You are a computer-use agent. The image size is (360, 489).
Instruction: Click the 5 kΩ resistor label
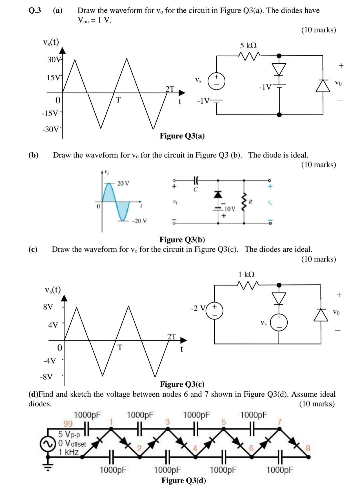pyautogui.click(x=248, y=46)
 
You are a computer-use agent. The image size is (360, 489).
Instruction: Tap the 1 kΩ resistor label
pyautogui.click(x=246, y=274)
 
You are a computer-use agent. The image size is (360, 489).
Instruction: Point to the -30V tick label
pyautogui.click(x=51, y=129)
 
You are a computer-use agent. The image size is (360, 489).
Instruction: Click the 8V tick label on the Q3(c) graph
pyautogui.click(x=48, y=307)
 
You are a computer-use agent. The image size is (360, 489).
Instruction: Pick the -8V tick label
pyautogui.click(x=46, y=377)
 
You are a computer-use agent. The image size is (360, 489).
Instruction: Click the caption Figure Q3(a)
pyautogui.click(x=182, y=136)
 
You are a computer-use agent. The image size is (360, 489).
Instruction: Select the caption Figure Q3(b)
pyautogui.click(x=182, y=240)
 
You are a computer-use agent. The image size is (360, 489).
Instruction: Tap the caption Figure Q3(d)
pyautogui.click(x=183, y=480)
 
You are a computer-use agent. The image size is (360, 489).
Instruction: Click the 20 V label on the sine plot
pyautogui.click(x=123, y=183)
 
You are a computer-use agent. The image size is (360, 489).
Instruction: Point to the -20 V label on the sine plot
pyautogui.click(x=139, y=221)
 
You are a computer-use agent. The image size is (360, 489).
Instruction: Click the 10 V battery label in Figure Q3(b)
pyautogui.click(x=230, y=209)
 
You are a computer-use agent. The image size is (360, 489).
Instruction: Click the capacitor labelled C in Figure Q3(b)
pyautogui.click(x=196, y=182)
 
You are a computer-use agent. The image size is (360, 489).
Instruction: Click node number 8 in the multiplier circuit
pyautogui.click(x=308, y=448)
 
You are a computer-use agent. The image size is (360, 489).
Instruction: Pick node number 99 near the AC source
pyautogui.click(x=68, y=424)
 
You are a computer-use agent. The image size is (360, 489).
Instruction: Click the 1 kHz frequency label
pyautogui.click(x=69, y=452)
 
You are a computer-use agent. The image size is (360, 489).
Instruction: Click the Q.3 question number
pyautogui.click(x=35, y=10)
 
